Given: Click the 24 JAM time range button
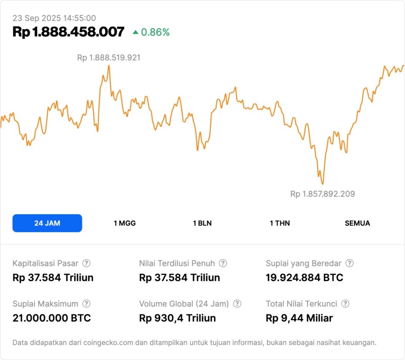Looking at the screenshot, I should (x=47, y=223).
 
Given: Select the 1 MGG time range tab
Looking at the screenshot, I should (x=125, y=223).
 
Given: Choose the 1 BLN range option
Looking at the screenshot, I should (x=202, y=223).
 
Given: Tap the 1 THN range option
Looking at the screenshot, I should (x=280, y=223).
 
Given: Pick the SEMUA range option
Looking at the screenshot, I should (x=357, y=223).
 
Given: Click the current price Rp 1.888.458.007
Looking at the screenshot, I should (x=68, y=32).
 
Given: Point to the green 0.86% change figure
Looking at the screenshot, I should (x=155, y=32).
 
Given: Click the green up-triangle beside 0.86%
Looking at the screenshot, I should (x=135, y=32).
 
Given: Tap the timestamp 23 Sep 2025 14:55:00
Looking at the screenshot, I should (x=54, y=18).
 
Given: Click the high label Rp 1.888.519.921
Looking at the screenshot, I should (x=109, y=58).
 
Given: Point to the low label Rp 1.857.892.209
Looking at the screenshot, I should (x=322, y=194).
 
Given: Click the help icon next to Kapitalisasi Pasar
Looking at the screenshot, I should (x=86, y=263).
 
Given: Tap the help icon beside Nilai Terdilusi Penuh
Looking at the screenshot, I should (x=223, y=263).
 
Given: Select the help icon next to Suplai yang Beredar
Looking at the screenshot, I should (x=349, y=263).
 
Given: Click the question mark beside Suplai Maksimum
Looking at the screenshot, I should (x=86, y=304).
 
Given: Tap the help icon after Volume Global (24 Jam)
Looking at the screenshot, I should (x=237, y=304).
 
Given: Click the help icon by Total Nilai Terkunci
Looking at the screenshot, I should (x=345, y=304).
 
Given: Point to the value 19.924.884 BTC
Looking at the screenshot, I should (x=304, y=278).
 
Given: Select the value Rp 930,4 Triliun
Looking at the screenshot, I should (x=177, y=318).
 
